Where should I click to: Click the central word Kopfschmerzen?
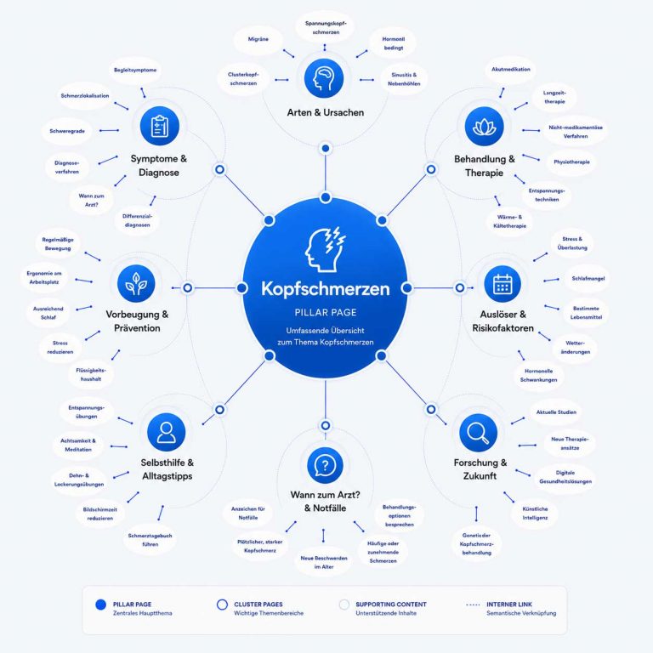point(326,288)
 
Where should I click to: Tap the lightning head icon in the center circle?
point(326,249)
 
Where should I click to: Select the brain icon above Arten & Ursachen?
point(324,78)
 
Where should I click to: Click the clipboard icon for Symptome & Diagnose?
point(160,126)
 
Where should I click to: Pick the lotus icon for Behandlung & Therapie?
point(485,126)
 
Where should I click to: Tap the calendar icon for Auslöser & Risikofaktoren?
point(503,284)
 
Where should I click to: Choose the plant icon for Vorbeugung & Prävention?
point(136,284)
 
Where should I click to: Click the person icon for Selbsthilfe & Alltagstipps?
point(166,432)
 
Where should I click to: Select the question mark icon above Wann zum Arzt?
point(326,466)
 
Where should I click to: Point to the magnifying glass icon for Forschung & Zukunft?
point(478,433)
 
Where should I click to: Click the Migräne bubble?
point(258,39)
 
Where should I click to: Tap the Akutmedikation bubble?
point(511,70)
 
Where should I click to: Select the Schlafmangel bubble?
point(588,279)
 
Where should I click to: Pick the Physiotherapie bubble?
point(571,162)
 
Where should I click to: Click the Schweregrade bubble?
point(67,131)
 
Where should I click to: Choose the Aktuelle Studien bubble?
point(556,412)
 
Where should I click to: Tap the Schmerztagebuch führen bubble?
point(150,540)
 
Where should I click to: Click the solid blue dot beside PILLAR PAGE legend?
point(101,605)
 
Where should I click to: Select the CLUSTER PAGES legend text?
point(258,605)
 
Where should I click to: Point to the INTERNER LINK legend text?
point(509,605)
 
